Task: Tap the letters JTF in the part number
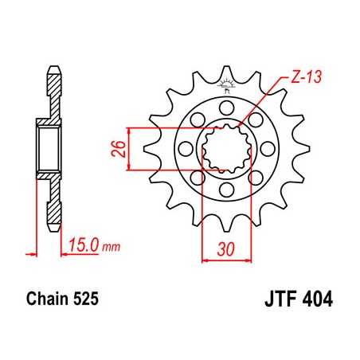(x=279, y=302)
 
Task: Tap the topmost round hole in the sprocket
(x=226, y=105)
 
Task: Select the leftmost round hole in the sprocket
(x=184, y=147)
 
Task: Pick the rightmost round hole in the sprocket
(x=268, y=147)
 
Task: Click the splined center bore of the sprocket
(x=226, y=147)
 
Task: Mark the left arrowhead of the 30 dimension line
(x=205, y=257)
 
